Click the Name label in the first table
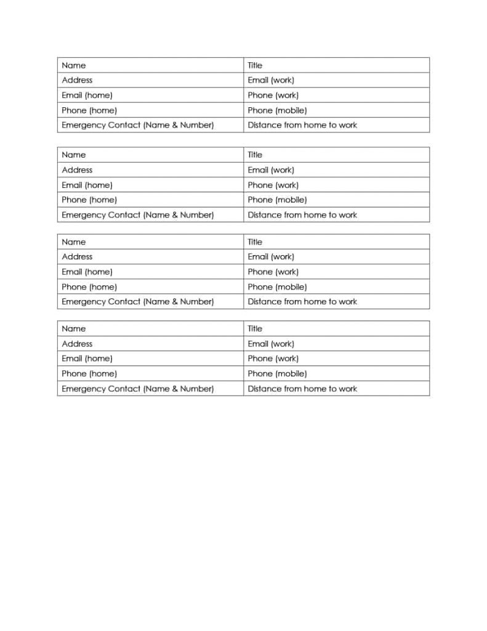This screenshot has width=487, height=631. [x=74, y=65]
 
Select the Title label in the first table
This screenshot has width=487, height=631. [x=255, y=65]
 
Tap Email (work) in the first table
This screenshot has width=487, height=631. [x=271, y=80]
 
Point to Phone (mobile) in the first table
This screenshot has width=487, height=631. [x=277, y=110]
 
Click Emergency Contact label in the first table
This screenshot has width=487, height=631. [x=138, y=125]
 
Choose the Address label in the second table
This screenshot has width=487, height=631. [x=77, y=170]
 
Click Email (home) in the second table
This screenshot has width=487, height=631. [x=87, y=185]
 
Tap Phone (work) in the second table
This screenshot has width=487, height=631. [x=273, y=185]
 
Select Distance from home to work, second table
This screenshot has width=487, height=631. [x=302, y=215]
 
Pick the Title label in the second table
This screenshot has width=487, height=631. [x=255, y=155]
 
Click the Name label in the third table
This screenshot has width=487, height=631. [x=74, y=242]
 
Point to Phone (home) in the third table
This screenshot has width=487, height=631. [x=89, y=287]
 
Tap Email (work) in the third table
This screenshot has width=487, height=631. [x=271, y=257]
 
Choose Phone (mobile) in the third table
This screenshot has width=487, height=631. [x=277, y=287]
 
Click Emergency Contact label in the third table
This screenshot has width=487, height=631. [x=138, y=302]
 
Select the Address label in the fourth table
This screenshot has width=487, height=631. [x=77, y=344]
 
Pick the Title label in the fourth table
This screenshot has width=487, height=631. [x=255, y=329]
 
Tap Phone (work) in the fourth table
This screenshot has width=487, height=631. [x=273, y=359]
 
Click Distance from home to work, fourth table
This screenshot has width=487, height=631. [x=302, y=389]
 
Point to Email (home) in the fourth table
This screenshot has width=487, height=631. [x=87, y=359]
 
